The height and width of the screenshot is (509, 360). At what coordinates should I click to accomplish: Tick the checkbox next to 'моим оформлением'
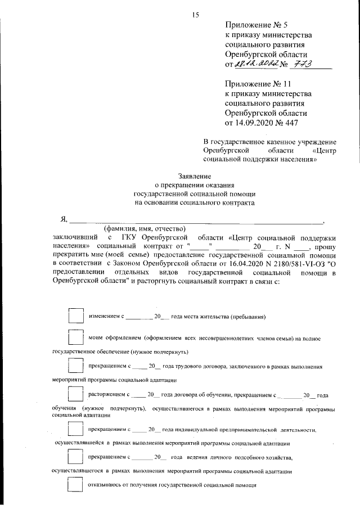pos(75,338)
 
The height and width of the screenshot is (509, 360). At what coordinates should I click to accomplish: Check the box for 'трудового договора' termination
pos(75,367)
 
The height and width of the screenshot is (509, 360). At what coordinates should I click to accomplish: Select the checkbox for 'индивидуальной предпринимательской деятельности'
pos(75,430)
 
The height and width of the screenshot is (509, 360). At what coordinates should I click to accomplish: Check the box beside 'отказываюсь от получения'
pos(75,484)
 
